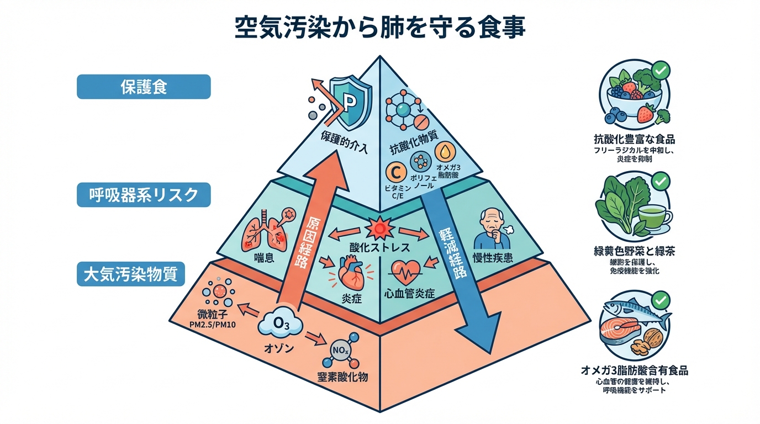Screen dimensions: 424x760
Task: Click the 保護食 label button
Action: pos(144,87)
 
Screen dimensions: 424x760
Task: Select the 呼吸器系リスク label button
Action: pos(144,195)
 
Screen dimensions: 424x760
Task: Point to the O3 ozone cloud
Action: pos(281,324)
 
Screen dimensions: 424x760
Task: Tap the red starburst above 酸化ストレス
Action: pos(379,229)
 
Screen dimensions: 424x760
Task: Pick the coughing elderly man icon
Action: pos(491,231)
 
